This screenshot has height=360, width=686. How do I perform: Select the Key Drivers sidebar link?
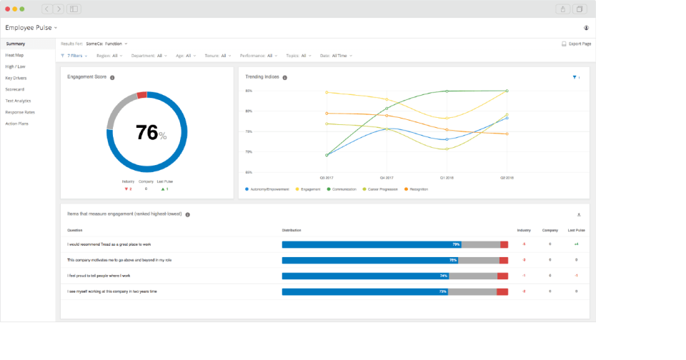coord(15,77)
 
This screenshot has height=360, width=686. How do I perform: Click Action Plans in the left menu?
coord(16,124)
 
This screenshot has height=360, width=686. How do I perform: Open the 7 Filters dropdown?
coord(74,55)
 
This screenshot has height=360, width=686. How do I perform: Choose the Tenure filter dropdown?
coord(218,55)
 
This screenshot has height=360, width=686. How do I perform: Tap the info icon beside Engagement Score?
coord(112,77)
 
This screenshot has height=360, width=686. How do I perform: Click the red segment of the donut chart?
coord(142,95)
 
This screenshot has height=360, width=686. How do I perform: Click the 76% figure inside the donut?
coord(147,133)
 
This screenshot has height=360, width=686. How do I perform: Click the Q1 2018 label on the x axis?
coord(447,176)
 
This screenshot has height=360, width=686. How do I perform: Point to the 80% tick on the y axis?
coord(249,111)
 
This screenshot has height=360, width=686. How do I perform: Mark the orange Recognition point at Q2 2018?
coord(507,134)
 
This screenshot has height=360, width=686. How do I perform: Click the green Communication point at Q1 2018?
coord(447,91)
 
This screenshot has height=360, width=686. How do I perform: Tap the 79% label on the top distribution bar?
coord(456,244)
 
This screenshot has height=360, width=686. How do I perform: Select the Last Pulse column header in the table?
coord(576,230)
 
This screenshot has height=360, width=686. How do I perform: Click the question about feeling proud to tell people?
coord(99,276)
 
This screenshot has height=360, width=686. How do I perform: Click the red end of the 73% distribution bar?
coord(502,291)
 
